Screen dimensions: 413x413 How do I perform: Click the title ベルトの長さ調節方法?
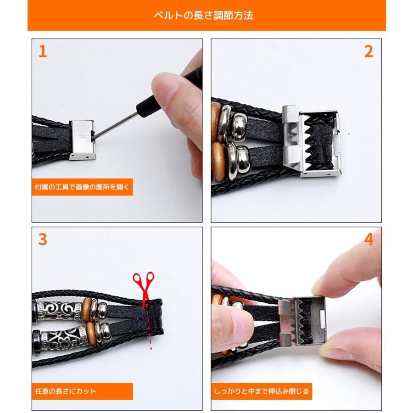pos(206,15)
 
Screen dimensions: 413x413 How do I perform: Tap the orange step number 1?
pos(42,51)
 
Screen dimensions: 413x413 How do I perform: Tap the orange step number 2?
pos(369,51)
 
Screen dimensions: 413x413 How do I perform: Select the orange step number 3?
pos(42,239)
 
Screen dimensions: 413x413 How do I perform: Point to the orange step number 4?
pos(369,239)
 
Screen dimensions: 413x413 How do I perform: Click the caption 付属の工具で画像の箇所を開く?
pos(82,187)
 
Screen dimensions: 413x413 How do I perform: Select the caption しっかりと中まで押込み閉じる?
pos(261,391)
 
